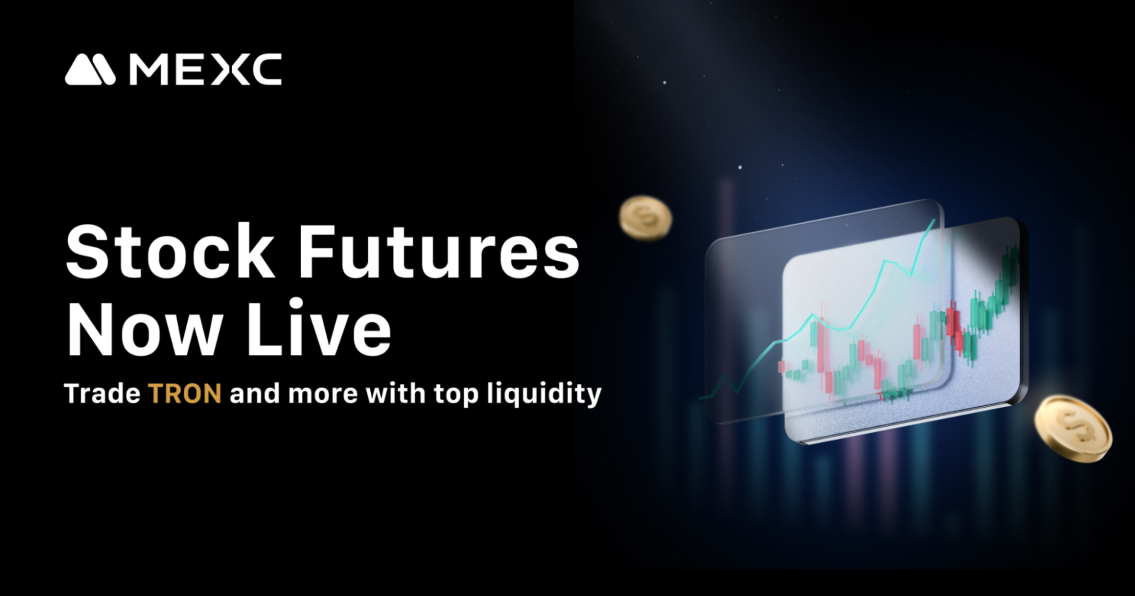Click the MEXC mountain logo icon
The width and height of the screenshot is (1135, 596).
pyautogui.click(x=90, y=70)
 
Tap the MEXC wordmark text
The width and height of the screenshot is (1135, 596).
pyautogui.click(x=206, y=70)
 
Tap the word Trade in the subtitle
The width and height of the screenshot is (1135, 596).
pyautogui.click(x=102, y=394)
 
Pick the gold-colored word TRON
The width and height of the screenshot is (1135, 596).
pyautogui.click(x=185, y=394)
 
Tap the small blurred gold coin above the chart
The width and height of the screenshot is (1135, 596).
pyautogui.click(x=646, y=218)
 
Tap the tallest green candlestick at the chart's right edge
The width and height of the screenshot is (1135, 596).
pyautogui.click(x=1012, y=265)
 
